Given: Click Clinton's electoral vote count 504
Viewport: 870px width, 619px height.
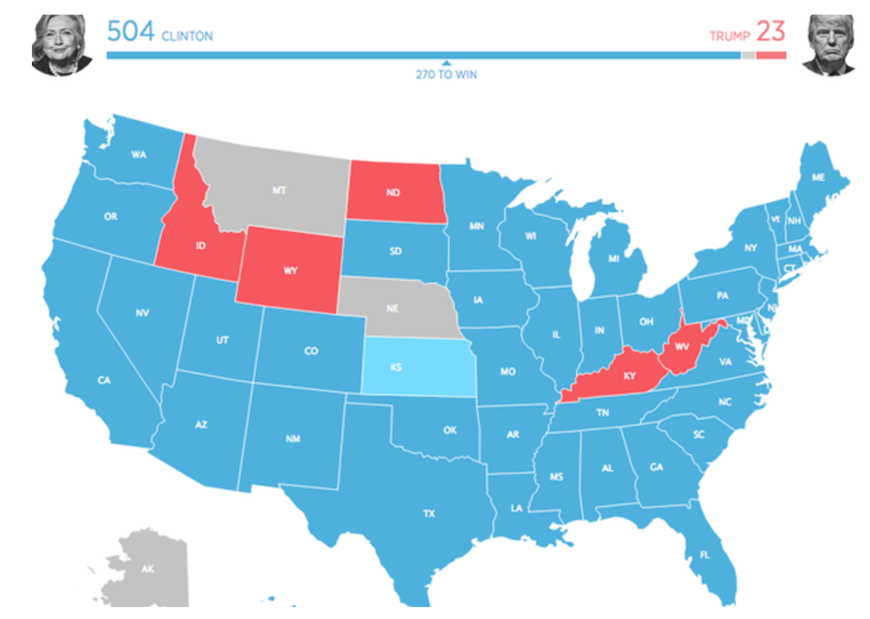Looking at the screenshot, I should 130,31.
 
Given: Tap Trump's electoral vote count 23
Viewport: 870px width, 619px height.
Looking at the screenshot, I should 770,31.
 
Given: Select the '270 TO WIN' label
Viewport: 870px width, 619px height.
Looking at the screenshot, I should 446,75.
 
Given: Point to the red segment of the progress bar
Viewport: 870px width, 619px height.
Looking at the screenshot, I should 771,55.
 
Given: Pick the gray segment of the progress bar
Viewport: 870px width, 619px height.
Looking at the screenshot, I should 748,55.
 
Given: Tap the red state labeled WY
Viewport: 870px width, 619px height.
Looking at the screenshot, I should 290,271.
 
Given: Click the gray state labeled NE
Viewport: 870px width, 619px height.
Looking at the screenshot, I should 396,308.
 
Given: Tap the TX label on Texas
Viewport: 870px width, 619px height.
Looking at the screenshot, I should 429,513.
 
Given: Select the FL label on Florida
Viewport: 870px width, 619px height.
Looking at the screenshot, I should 704,554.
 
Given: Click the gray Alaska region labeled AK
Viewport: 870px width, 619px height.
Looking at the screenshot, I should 148,569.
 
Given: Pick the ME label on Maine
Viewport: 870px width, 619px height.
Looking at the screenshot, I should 818,177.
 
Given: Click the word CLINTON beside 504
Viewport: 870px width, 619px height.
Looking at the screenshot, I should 187,36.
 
